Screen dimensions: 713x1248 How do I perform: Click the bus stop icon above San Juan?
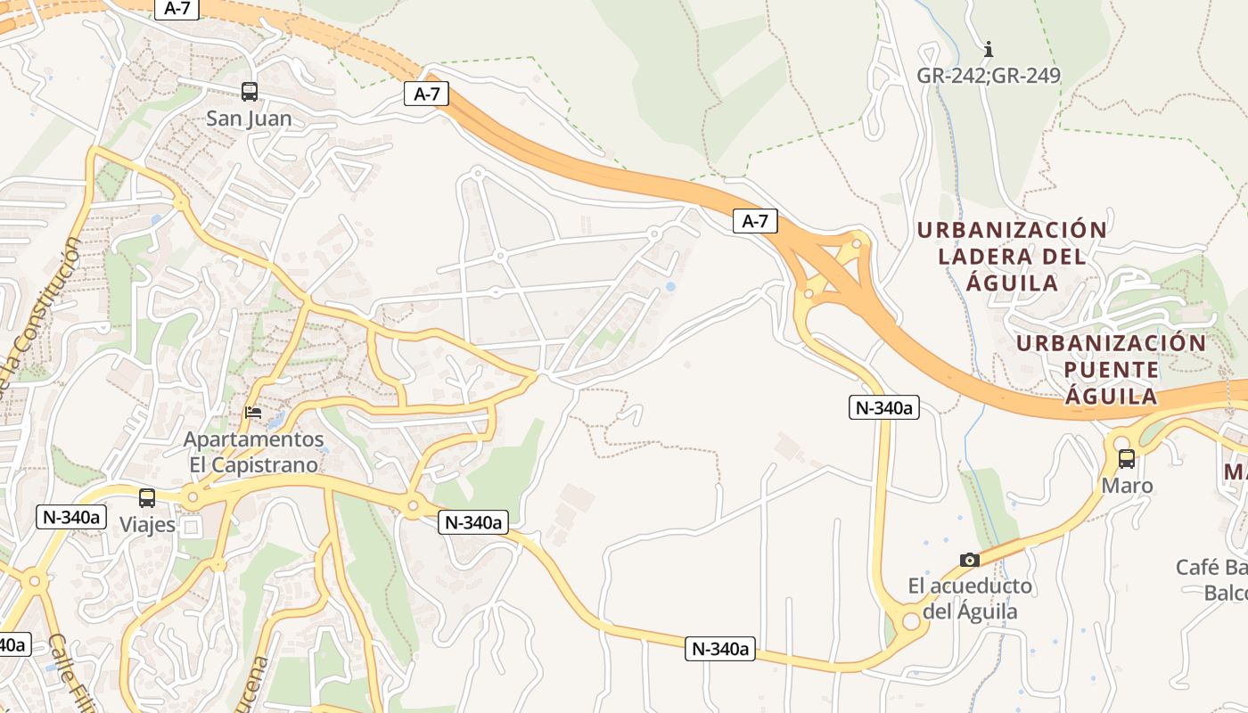point(250,91)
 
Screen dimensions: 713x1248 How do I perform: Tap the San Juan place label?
point(249,119)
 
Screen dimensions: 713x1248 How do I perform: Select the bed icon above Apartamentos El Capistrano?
point(254,413)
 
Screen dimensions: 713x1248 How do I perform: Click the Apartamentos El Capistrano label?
point(254,452)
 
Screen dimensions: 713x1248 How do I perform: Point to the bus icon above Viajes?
point(147,498)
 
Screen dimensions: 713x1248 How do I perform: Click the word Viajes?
point(147,525)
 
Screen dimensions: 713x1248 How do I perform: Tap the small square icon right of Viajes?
point(191,528)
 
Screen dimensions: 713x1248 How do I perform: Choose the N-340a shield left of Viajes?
point(71,517)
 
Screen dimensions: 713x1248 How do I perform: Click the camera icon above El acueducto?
point(970,560)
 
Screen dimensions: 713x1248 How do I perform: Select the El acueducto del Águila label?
point(970,599)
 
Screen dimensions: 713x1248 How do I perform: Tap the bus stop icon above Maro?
point(1127,459)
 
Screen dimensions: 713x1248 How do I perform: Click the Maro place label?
point(1127,486)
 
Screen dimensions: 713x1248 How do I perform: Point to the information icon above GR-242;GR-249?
point(988,49)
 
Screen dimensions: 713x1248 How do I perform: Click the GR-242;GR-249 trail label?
point(989,76)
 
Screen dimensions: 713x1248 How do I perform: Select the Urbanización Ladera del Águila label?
point(1012,257)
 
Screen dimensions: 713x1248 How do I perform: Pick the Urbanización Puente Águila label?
point(1111,369)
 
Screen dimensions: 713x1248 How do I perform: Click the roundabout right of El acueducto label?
point(911,620)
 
